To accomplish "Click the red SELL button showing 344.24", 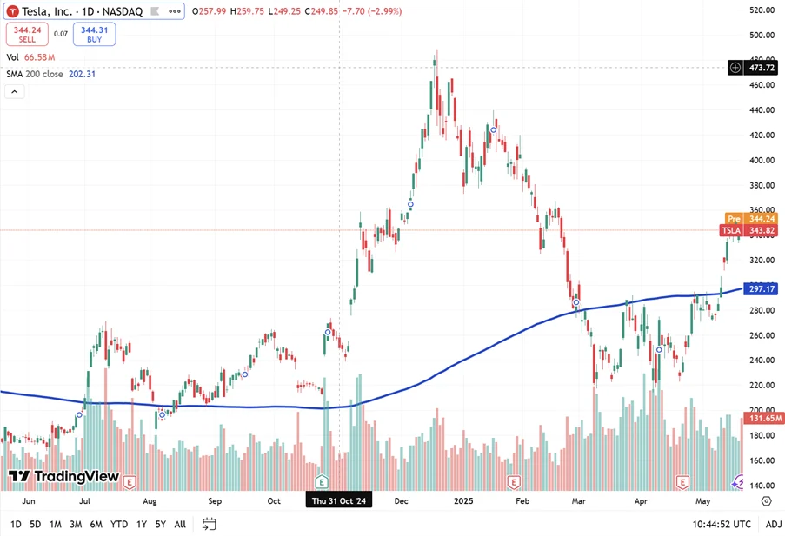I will point(27,34).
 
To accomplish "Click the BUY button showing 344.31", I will point(95,34).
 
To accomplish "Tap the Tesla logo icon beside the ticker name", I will point(14,11).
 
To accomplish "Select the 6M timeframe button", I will point(96,524).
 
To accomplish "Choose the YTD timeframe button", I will point(119,524).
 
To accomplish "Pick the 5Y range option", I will point(161,524).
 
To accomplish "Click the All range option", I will point(180,524).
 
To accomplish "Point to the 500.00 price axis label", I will point(762,35).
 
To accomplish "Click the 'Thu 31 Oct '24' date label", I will point(339,501).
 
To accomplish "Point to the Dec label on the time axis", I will point(401,501).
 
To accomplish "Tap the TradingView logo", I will point(63,476).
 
